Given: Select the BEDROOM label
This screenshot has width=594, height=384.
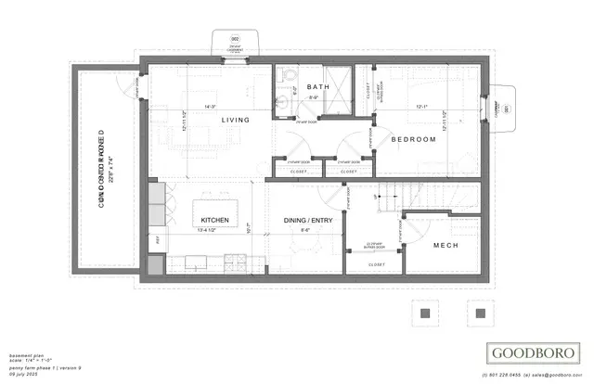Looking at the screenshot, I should pos(413,139).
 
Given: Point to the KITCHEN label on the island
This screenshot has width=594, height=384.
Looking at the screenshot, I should pos(214,220).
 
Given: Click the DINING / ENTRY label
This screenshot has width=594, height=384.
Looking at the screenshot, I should pos(307,220).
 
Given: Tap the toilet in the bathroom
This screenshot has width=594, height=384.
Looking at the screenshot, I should pos(290,75).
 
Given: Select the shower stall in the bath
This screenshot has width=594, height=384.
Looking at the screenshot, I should pos(343,82).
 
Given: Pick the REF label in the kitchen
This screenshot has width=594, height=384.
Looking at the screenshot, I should pos(157,239).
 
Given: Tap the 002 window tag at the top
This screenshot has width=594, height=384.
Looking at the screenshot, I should pos(235,38).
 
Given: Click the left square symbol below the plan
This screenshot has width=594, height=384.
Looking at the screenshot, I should pos(426,313).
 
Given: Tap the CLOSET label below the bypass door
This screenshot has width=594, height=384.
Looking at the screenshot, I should pos(377,265).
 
